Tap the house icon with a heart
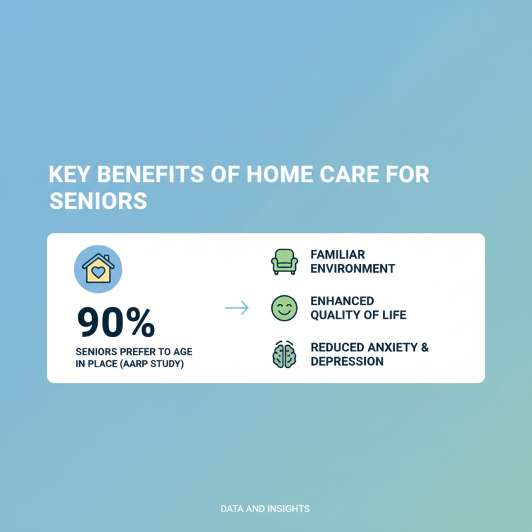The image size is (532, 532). click(x=98, y=268)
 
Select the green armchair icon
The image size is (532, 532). click(x=285, y=261)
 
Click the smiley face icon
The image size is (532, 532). click(x=285, y=309)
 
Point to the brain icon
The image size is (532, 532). click(x=285, y=355)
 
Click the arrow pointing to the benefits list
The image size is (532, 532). click(x=236, y=309)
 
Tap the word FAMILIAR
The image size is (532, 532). click(x=338, y=255)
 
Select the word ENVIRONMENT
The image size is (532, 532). click(x=352, y=269)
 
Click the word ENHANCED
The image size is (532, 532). click(x=342, y=301)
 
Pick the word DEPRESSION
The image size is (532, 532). click(x=346, y=362)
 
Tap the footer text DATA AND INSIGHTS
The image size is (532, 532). click(x=265, y=509)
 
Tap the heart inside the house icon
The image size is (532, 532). click(x=98, y=271)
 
